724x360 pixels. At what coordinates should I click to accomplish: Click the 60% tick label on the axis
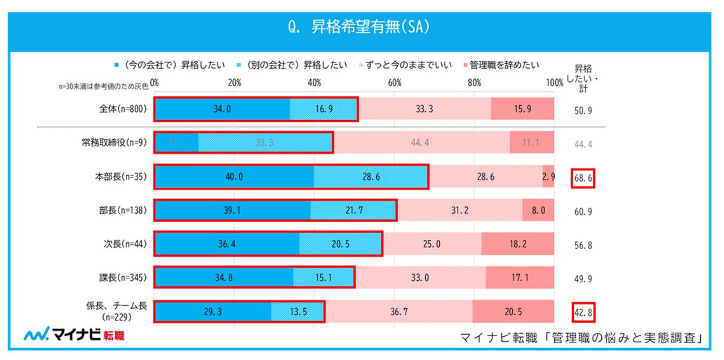coord(394,83)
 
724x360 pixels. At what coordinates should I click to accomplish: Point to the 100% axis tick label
coord(554,83)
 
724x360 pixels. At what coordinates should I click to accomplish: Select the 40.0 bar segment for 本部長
coord(233,177)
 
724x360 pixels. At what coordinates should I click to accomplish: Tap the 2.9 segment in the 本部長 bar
coord(548,177)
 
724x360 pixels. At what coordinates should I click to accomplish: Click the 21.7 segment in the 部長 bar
coord(353,210)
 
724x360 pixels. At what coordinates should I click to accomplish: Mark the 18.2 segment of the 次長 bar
coord(518,244)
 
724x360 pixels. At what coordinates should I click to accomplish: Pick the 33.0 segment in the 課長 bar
coord(420,278)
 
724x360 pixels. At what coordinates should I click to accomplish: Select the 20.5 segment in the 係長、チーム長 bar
coord(513,312)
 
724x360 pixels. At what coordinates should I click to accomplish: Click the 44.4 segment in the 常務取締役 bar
coord(421,143)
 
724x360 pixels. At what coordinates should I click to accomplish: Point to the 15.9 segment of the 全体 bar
coord(522,109)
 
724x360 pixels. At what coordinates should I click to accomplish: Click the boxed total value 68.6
coord(583,178)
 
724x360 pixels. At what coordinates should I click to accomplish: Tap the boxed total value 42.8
coord(583,312)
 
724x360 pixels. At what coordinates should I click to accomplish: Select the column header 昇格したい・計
coord(583,79)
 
